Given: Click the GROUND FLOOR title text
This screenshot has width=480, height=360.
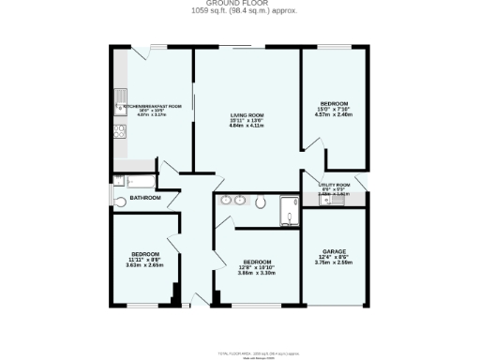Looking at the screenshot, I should coord(239,4).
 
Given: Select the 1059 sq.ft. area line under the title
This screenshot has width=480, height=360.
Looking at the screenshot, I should coord(239,11).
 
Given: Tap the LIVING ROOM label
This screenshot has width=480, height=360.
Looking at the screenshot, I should coord(247,115).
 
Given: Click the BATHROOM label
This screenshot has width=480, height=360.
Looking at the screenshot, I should coord(144,198).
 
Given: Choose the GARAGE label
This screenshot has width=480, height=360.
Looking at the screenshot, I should coord(333,252).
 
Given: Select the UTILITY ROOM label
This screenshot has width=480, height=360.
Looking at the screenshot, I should coord(334,185).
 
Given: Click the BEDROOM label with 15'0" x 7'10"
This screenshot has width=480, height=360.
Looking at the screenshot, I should coord(334,103).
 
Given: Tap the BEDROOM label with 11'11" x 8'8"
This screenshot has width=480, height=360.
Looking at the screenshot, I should coord(144,254).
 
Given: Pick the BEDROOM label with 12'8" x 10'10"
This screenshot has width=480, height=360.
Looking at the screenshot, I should coord(257,262).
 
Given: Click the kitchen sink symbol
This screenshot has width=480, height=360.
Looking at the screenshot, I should coord(119,97).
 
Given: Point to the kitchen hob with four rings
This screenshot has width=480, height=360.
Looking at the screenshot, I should coord(119,131).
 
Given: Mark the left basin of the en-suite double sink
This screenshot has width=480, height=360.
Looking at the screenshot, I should coord(227,200).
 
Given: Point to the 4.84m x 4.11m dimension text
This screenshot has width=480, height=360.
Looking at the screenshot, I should coord(247,126).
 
